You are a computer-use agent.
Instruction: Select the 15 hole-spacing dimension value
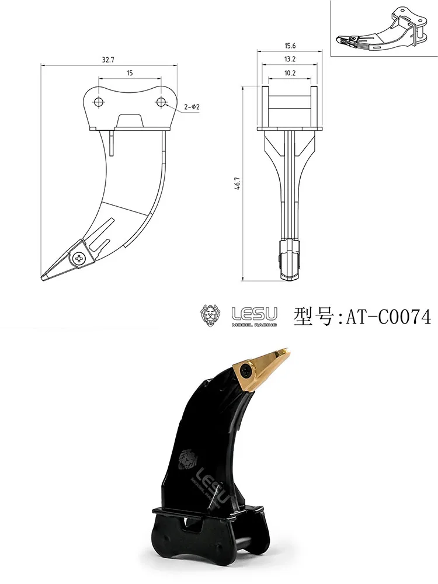(130, 73)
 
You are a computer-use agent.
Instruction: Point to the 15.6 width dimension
(289, 46)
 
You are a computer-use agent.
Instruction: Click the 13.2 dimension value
(289, 59)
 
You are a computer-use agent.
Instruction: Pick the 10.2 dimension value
(289, 73)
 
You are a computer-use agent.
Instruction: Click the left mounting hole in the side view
(100, 102)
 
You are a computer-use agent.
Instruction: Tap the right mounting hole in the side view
(161, 102)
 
